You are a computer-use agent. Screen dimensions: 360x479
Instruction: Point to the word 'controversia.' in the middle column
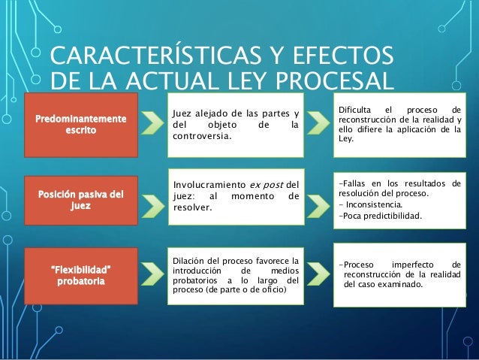pyautogui.click(x=202, y=137)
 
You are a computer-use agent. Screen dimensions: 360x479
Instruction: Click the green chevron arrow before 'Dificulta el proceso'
pyautogui.click(x=318, y=124)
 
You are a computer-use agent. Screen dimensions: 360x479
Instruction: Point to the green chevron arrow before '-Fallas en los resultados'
pyautogui.click(x=318, y=199)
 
